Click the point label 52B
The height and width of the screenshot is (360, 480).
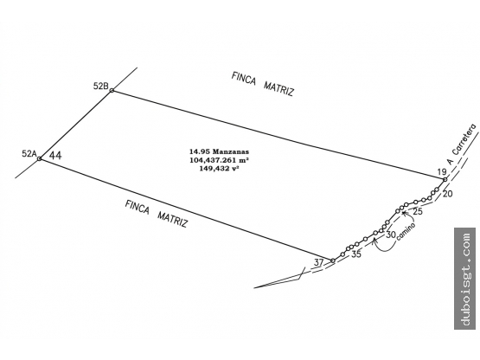[x=100, y=87]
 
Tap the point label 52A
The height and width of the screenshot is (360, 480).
[x=29, y=153]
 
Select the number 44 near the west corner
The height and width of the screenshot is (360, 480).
[x=55, y=156]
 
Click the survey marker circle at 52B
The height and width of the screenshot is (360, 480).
[x=112, y=90]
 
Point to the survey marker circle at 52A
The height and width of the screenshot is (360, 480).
[x=40, y=158]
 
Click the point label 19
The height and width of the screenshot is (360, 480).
[x=442, y=172]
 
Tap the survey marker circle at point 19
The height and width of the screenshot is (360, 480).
[x=445, y=179]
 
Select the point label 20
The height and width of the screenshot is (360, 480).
[x=447, y=194]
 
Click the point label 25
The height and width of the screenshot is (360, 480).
[x=418, y=211]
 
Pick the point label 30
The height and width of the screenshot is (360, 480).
[x=391, y=235]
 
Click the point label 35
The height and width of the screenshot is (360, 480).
[x=356, y=254]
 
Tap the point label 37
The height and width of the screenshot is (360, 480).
[x=318, y=262]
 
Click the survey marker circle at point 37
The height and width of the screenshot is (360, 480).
[x=333, y=260]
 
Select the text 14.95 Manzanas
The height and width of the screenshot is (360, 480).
[x=219, y=151]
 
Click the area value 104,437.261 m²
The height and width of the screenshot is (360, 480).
[x=219, y=160]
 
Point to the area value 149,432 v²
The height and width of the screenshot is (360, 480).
[x=219, y=168]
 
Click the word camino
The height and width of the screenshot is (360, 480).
[x=406, y=231]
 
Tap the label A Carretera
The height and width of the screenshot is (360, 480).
[x=462, y=144]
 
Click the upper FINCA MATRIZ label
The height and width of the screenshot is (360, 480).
[x=263, y=84]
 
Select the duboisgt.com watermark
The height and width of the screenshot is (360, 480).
[x=465, y=279]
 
